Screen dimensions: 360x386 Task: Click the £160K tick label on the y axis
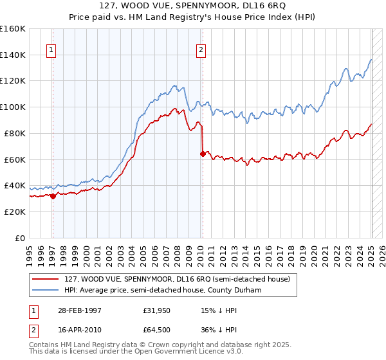[x=13, y=29]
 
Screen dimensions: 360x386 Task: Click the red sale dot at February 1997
[x=53, y=196]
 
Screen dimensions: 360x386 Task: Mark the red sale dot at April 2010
[x=203, y=154]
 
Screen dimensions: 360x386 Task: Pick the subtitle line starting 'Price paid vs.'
[x=194, y=17]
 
